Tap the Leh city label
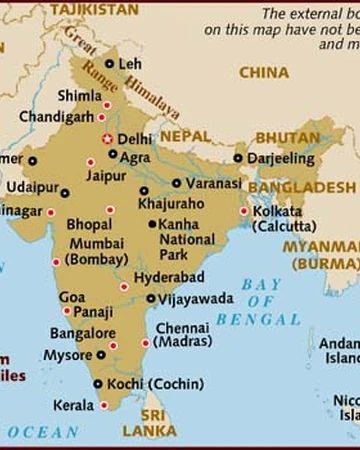pyautogui.click(x=130, y=64)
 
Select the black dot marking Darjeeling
pyautogui.click(x=238, y=157)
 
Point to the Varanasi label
pyautogui.click(x=212, y=184)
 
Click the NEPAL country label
pyautogui.click(x=185, y=135)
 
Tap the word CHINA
pyautogui.click(x=265, y=72)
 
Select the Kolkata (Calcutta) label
pyautogui.click(x=279, y=219)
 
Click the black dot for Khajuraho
pyautogui.click(x=144, y=190)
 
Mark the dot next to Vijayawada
pyautogui.click(x=151, y=298)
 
